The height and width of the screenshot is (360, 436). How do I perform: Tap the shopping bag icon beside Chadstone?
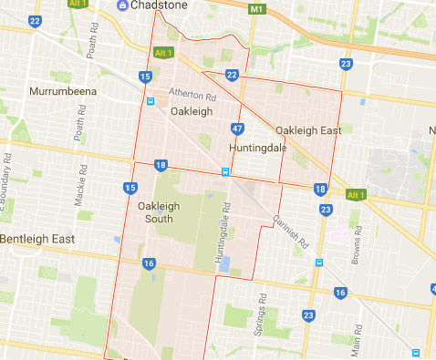click(x=121, y=8)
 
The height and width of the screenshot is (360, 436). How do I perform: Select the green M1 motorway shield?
click(x=256, y=8)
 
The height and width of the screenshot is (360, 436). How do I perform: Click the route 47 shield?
click(x=237, y=129)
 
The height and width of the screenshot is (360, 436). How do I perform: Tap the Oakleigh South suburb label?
click(x=159, y=212)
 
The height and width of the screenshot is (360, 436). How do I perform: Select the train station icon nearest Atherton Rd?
click(x=151, y=101)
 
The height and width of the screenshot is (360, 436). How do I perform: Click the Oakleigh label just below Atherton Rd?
click(x=191, y=111)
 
